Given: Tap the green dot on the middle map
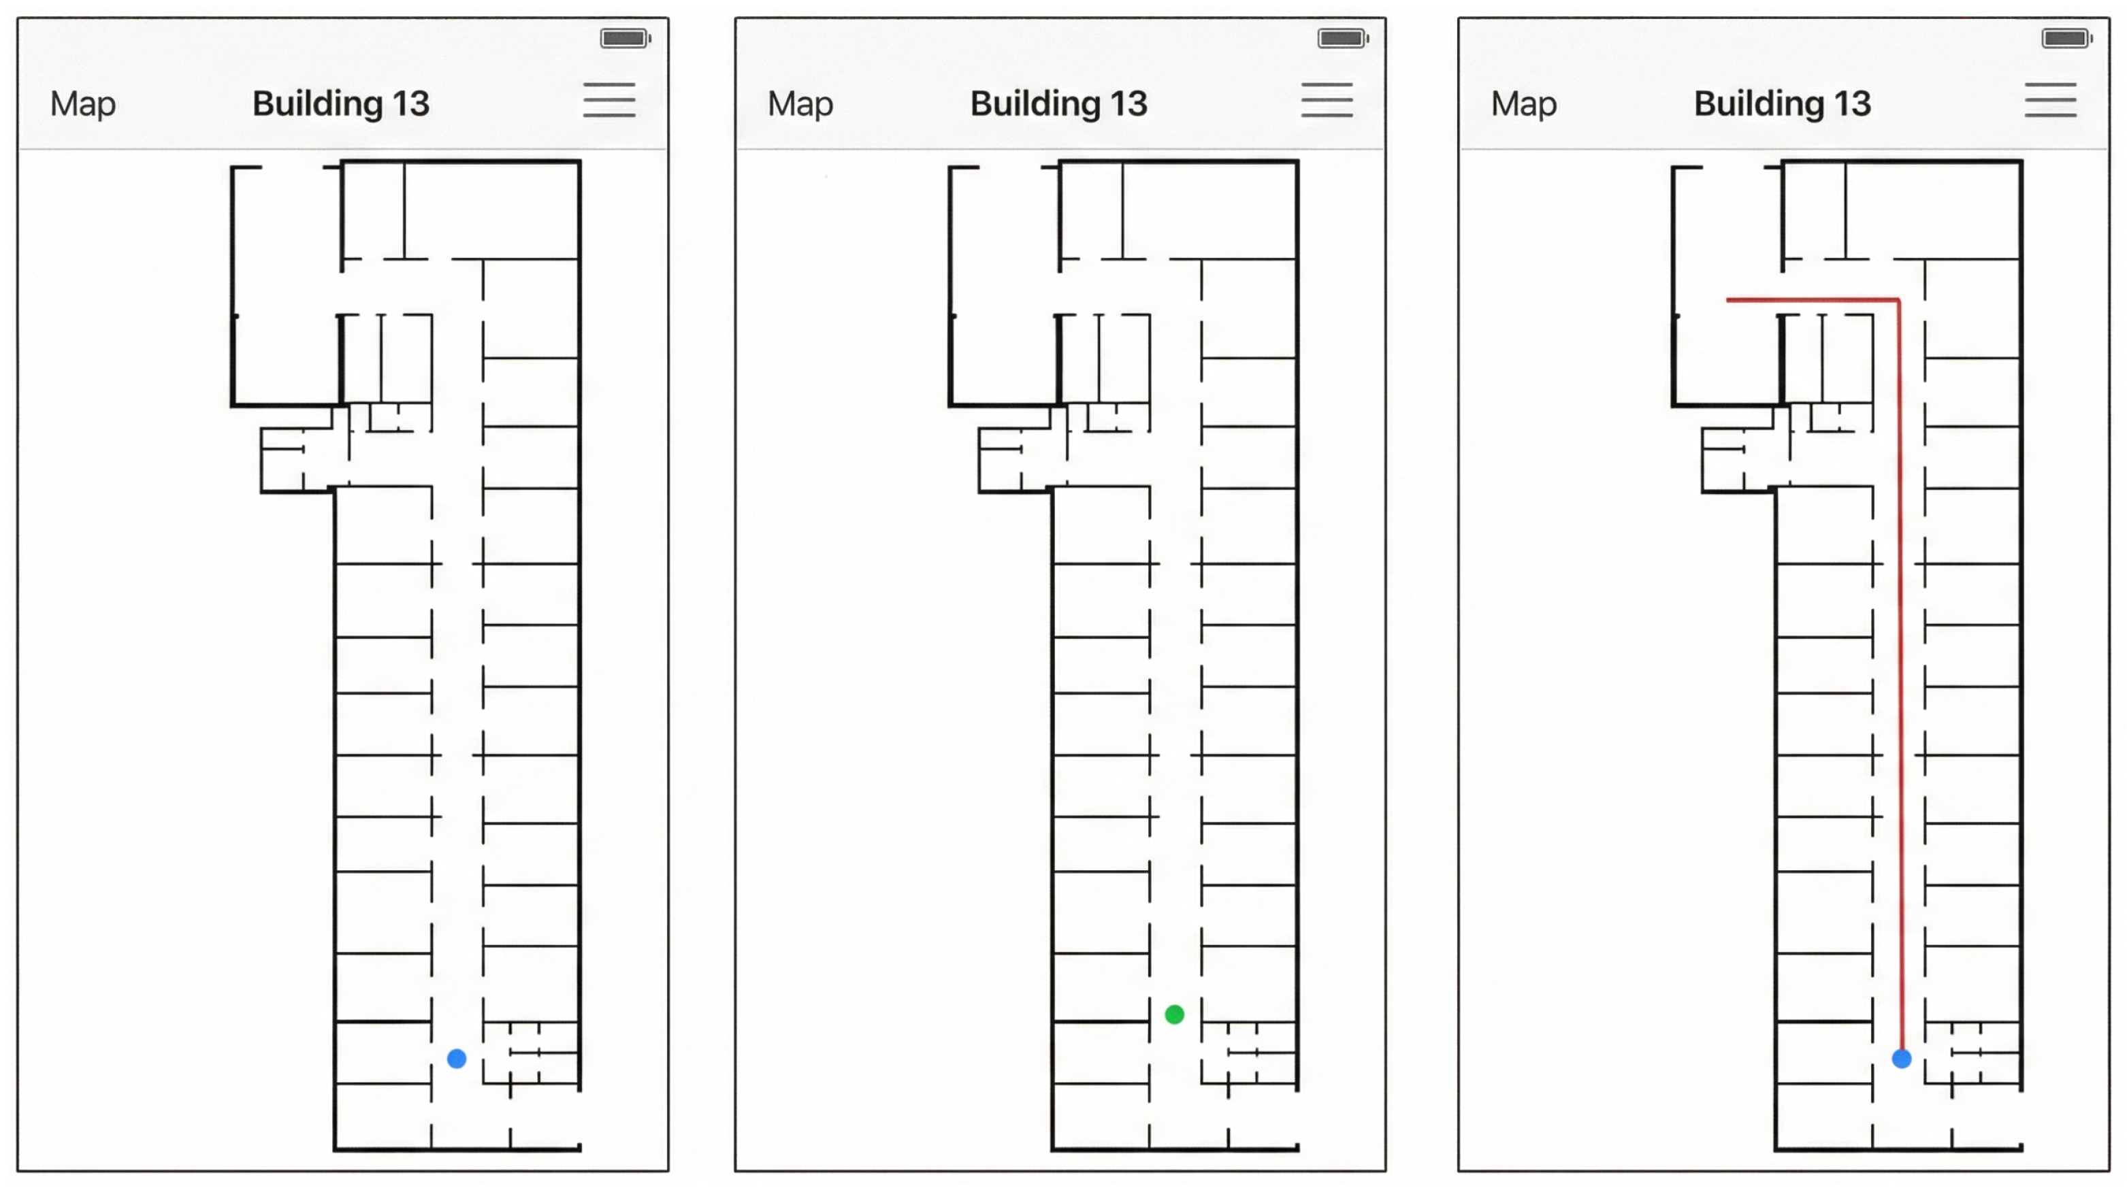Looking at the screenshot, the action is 1174,1014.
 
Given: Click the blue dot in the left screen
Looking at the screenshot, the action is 457,1059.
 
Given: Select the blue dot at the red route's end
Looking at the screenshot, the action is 1902,1059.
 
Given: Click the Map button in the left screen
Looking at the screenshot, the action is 82,104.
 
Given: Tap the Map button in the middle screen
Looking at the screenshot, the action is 800,104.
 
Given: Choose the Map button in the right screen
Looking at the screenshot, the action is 1523,104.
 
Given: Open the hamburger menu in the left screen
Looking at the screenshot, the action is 609,100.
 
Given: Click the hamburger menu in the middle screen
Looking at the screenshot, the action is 1327,100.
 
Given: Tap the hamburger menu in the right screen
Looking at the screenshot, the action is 2050,100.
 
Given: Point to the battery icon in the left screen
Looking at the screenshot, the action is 625,38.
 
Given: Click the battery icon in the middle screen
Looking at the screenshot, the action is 1343,38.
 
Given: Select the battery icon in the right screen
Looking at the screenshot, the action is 2066,38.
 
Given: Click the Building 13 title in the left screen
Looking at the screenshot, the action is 341,104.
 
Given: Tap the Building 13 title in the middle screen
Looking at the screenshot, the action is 1058,104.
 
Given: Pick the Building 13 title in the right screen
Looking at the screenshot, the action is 1782,104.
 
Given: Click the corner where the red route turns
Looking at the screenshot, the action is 1899,299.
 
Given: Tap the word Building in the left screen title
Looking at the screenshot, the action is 318,104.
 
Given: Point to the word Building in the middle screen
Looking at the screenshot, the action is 1035,104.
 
